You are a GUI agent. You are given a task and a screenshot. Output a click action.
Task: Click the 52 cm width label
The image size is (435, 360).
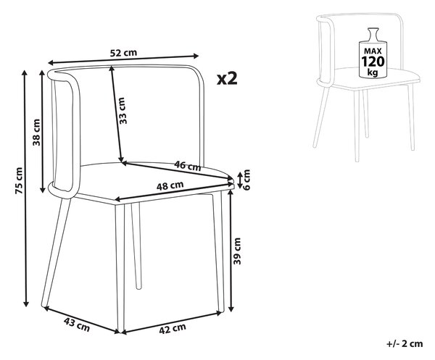[123, 52]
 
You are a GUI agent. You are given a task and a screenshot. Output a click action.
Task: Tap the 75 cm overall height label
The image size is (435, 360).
[20, 180]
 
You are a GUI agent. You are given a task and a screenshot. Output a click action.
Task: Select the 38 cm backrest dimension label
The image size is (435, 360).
[36, 133]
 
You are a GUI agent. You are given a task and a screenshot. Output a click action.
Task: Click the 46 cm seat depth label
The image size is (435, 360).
[188, 166]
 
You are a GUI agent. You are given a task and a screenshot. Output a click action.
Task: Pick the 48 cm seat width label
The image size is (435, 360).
[170, 185]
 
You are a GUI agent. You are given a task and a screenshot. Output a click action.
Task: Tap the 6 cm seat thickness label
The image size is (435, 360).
[246, 180]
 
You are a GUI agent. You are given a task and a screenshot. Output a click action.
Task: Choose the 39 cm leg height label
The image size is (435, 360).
[237, 251]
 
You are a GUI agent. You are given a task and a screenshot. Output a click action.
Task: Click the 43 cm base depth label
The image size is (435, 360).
[77, 325]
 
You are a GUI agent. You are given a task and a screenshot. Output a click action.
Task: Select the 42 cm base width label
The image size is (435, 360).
[173, 329]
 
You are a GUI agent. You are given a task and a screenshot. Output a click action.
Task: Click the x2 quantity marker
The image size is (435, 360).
[227, 79]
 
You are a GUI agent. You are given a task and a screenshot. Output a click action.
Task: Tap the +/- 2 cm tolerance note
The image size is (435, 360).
[405, 344]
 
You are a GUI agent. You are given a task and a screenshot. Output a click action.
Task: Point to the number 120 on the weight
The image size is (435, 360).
[373, 62]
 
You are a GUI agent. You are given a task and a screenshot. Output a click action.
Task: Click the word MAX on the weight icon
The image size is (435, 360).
[373, 51]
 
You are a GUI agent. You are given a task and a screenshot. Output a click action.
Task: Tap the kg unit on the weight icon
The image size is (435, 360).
[373, 72]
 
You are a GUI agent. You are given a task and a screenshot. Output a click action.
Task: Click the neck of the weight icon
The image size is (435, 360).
[373, 35]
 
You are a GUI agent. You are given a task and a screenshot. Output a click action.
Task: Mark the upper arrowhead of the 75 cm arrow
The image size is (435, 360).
[25, 73]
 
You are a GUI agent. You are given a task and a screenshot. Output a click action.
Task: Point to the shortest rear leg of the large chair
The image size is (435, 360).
[136, 246]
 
